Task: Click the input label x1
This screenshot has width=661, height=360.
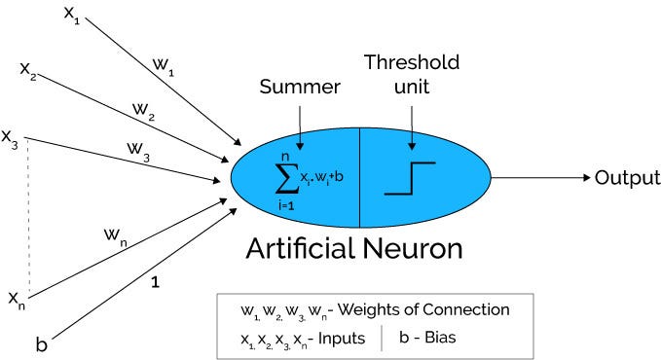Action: click(69, 16)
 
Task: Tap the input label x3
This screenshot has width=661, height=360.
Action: click(11, 138)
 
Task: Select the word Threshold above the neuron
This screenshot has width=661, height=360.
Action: click(410, 63)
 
